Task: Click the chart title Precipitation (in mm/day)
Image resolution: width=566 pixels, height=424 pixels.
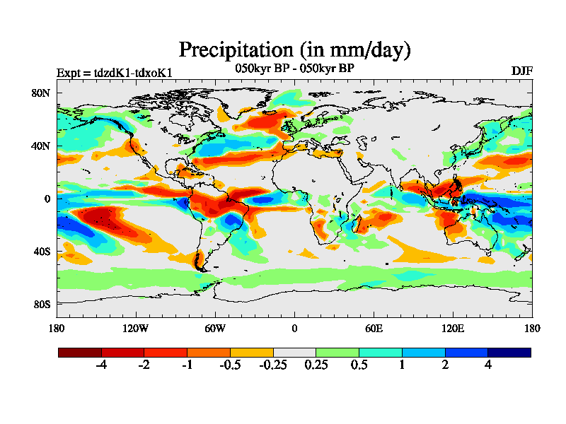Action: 294,50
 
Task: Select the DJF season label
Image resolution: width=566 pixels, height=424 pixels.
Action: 521,71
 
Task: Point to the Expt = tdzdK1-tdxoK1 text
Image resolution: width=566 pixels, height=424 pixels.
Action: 114,73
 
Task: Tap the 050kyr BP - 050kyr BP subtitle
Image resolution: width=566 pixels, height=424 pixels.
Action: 294,69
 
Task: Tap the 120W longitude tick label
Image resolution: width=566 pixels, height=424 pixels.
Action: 136,329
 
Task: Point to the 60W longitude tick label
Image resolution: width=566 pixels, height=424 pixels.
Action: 215,329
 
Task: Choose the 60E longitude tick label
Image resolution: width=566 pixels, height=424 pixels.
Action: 374,329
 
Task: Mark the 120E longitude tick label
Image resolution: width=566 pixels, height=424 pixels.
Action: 453,329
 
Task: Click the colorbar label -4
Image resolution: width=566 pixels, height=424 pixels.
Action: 101,365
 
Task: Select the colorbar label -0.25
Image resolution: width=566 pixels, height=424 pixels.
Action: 272,365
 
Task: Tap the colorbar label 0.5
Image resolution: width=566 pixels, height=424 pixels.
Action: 359,365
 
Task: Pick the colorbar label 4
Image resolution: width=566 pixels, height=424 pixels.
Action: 487,365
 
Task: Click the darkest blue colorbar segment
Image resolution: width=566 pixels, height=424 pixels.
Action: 509,352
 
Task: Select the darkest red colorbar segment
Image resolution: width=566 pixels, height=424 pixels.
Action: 80,352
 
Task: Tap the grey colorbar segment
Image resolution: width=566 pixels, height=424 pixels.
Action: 294,352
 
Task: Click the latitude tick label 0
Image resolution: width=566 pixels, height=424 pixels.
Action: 47,199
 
